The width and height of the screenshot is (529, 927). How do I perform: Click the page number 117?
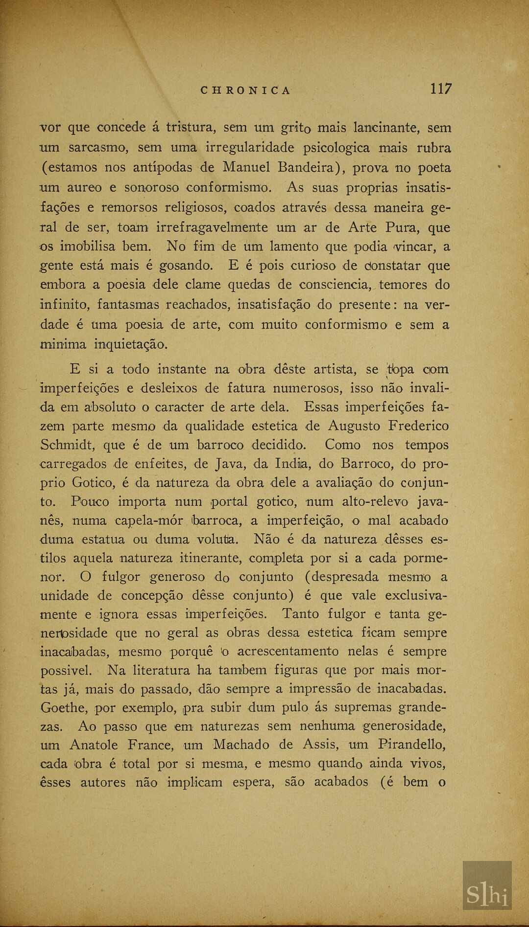[x=441, y=89]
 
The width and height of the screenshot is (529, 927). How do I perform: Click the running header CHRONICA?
[x=246, y=90]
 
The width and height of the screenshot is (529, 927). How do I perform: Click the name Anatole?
[x=94, y=745]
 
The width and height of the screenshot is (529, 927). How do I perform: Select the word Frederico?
[x=418, y=426]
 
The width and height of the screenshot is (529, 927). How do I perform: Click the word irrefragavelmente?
[x=212, y=227]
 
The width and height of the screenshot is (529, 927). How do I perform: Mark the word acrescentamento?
[x=288, y=652]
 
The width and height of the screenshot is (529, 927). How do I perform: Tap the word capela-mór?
[x=149, y=521]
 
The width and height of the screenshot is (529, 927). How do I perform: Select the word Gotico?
[x=95, y=483]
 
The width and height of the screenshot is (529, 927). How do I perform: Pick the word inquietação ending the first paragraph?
[x=131, y=344]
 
